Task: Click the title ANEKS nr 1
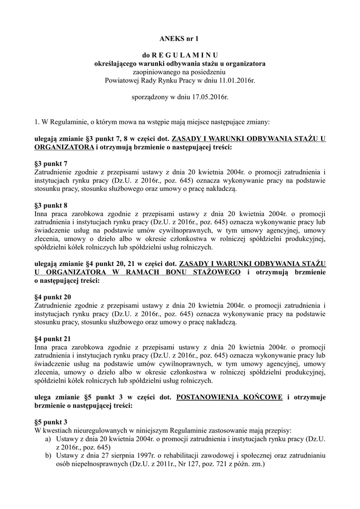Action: click(x=180, y=38)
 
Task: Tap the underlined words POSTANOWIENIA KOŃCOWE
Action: click(x=230, y=397)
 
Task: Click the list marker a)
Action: click(x=48, y=439)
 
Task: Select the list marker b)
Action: click(x=48, y=456)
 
